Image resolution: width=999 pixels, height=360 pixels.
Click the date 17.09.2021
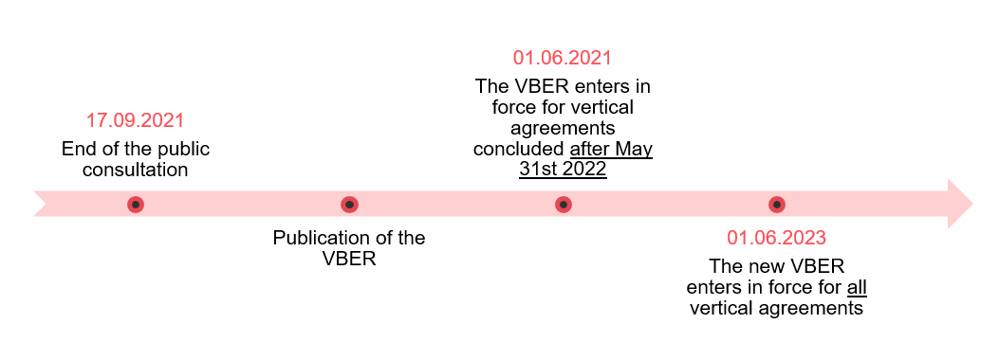pos(135,121)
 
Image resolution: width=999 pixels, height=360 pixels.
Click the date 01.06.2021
pos(563,58)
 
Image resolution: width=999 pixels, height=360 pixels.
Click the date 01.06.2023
pos(776,238)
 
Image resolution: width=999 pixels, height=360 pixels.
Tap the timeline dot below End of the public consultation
pos(136,204)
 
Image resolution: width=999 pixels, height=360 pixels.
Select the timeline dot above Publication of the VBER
pos(349,204)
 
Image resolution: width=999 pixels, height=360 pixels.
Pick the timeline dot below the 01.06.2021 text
pos(563,204)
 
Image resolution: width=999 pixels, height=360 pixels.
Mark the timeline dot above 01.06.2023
pos(776,204)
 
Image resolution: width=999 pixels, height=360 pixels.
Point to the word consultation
pos(135,171)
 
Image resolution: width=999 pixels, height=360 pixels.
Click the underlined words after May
pos(612,150)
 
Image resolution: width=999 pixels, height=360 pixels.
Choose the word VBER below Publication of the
pos(349,259)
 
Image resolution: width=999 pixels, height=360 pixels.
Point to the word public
pos(185,150)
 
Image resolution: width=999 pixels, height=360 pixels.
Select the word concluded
pos(519,150)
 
